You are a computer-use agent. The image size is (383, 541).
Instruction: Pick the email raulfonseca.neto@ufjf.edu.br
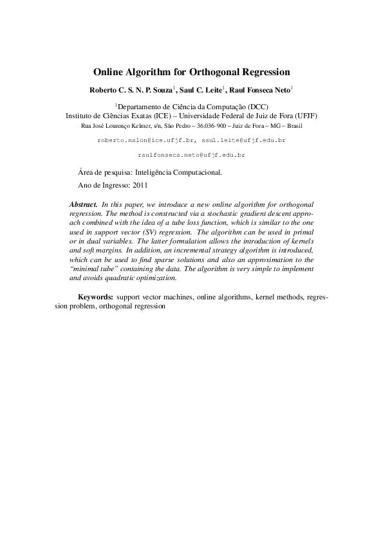[192, 155]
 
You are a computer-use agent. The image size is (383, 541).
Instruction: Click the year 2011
[140, 184]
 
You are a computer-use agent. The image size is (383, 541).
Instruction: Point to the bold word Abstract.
[83, 203]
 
